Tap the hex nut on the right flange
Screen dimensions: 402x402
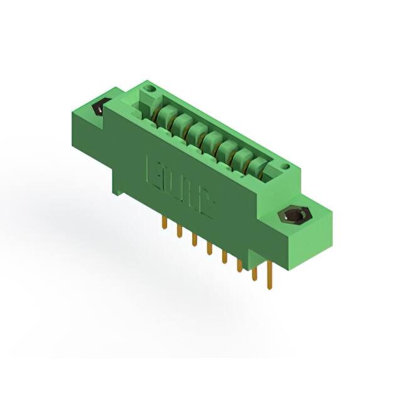tap(292, 216)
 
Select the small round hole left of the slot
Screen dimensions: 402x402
tap(149, 92)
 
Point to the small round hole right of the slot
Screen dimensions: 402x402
tap(285, 166)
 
